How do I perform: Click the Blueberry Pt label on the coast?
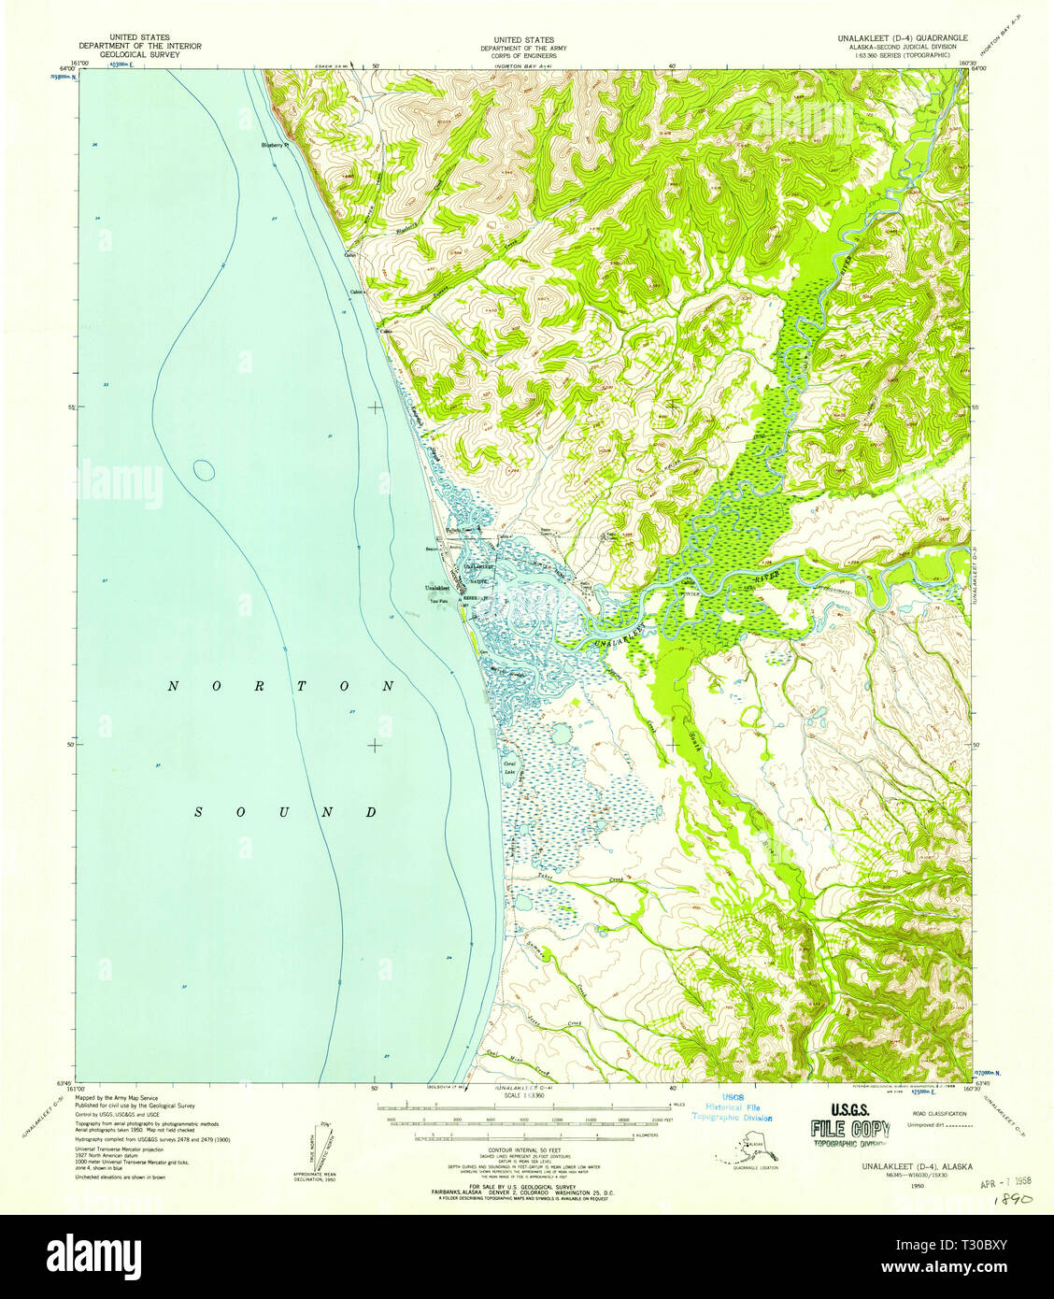(276, 145)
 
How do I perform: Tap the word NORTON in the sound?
(281, 686)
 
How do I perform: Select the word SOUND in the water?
(285, 812)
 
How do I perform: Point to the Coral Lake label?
(510, 769)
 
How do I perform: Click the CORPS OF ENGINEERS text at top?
(523, 55)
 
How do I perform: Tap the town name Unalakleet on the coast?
(437, 588)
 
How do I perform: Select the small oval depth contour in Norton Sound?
(203, 469)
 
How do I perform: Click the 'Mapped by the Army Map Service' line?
(118, 1098)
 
